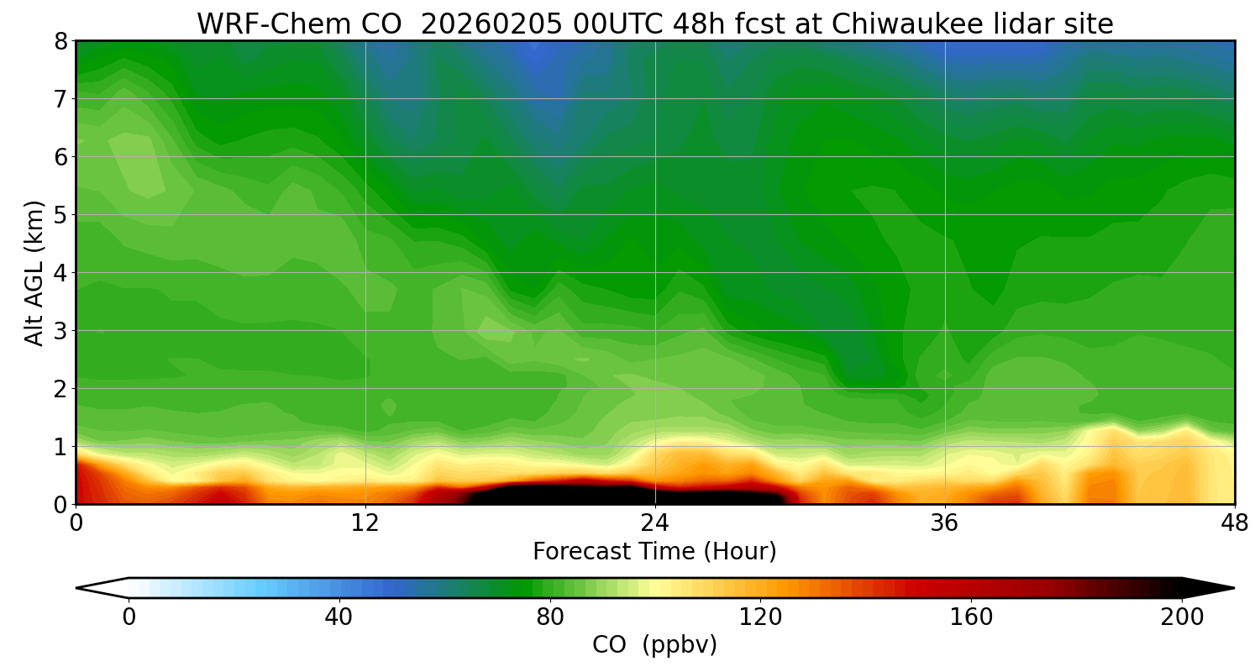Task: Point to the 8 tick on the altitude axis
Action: coord(62,41)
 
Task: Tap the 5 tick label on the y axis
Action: coord(62,215)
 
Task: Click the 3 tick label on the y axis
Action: coord(62,331)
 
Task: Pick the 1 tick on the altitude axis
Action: coord(62,447)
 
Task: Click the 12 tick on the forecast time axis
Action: coord(365,523)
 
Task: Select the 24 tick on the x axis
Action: coord(655,523)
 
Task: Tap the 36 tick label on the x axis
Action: coord(945,523)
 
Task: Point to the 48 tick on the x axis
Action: coord(1233,523)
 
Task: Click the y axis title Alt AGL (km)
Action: coord(34,272)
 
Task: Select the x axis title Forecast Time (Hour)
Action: coord(654,552)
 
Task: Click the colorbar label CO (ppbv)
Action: coord(654,645)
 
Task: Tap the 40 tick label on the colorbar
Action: coord(339,617)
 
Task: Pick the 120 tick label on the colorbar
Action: coord(760,617)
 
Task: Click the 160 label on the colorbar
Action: coord(971,617)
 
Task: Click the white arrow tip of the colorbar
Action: coord(99,588)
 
